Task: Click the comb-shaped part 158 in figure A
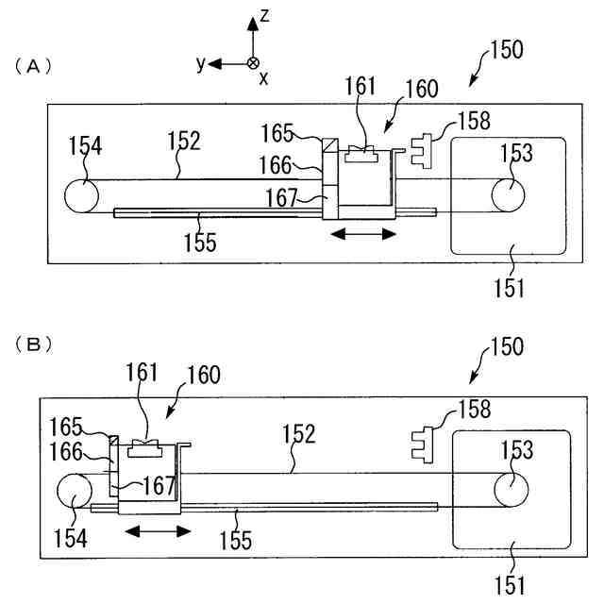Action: pyautogui.click(x=422, y=151)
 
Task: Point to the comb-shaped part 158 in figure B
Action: pyautogui.click(x=423, y=445)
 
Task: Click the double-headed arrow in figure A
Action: pyautogui.click(x=363, y=234)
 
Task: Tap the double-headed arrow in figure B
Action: pyautogui.click(x=158, y=531)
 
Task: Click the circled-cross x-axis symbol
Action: pyautogui.click(x=253, y=63)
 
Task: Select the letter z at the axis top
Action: pyautogui.click(x=264, y=16)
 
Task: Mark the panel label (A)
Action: pyautogui.click(x=33, y=67)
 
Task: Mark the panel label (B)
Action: pyautogui.click(x=34, y=344)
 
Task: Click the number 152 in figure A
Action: pyautogui.click(x=184, y=141)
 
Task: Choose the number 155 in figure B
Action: pyautogui.click(x=235, y=540)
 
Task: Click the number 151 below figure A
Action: pyautogui.click(x=510, y=288)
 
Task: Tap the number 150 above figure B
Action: pyautogui.click(x=507, y=346)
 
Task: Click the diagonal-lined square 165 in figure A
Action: pyautogui.click(x=330, y=145)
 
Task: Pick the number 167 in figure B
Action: pyautogui.click(x=159, y=485)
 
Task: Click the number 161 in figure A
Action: pyautogui.click(x=360, y=86)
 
